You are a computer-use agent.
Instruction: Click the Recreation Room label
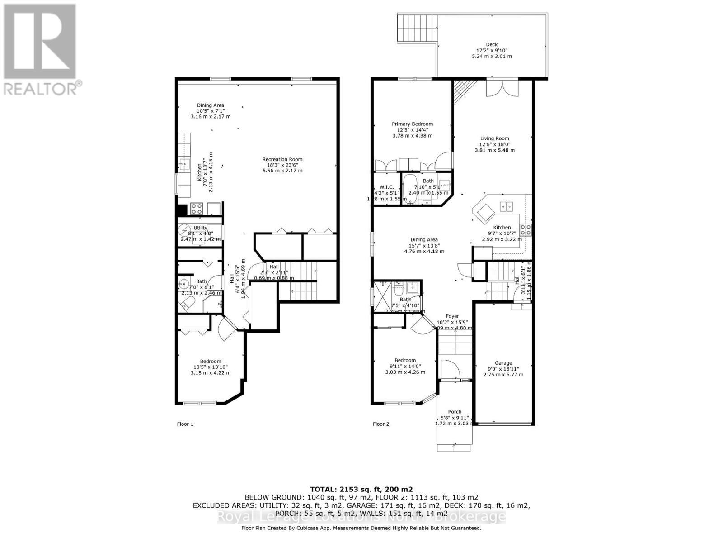tap(282, 159)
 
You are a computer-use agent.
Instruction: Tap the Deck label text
tap(492, 44)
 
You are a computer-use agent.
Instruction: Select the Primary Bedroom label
tap(412, 124)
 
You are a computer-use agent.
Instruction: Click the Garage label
tap(503, 363)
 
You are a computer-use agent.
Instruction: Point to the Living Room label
tap(494, 138)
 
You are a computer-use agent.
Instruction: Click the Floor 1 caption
tap(185, 424)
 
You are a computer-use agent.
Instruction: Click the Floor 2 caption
tap(380, 424)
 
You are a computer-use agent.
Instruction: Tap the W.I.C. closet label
tap(387, 187)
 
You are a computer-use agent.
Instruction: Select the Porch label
tap(455, 412)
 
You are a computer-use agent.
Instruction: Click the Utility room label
tap(200, 228)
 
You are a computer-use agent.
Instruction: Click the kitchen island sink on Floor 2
tap(506, 206)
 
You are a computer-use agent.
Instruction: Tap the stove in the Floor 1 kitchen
tap(197, 209)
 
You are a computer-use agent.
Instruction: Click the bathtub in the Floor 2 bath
tap(410, 189)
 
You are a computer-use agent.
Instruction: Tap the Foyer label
tap(452, 316)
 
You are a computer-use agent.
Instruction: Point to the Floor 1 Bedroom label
tap(210, 362)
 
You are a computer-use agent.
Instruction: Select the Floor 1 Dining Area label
tap(210, 105)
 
